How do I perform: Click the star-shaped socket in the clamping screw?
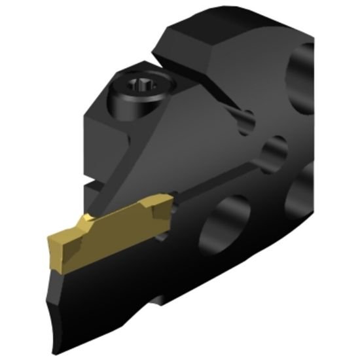tap(140, 85)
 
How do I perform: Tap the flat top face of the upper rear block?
tap(229, 36)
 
